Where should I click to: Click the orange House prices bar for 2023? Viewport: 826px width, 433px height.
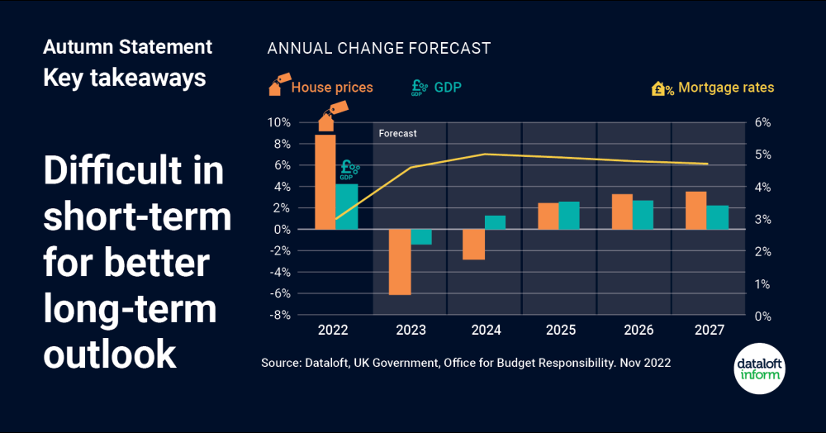[x=401, y=262]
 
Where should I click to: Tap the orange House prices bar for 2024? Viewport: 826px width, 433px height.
[x=473, y=245]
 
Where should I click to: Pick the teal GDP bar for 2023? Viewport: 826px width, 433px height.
[x=421, y=237]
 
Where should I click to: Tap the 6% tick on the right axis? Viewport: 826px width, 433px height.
[x=762, y=122]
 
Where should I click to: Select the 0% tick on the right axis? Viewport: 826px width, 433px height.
[x=762, y=316]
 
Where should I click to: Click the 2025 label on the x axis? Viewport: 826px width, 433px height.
[x=560, y=331]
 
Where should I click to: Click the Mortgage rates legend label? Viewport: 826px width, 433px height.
[x=726, y=88]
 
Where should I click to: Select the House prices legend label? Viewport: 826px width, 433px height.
[x=332, y=88]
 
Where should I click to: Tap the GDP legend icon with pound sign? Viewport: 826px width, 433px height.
[x=419, y=88]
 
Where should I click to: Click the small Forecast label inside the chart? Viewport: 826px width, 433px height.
[x=397, y=133]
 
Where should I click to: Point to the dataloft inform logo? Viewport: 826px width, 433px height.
[x=760, y=369]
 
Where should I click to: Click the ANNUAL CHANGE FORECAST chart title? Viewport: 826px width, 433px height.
[x=378, y=48]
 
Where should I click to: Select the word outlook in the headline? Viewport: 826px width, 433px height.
[x=110, y=353]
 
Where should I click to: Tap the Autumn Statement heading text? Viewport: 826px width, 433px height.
[x=127, y=46]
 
